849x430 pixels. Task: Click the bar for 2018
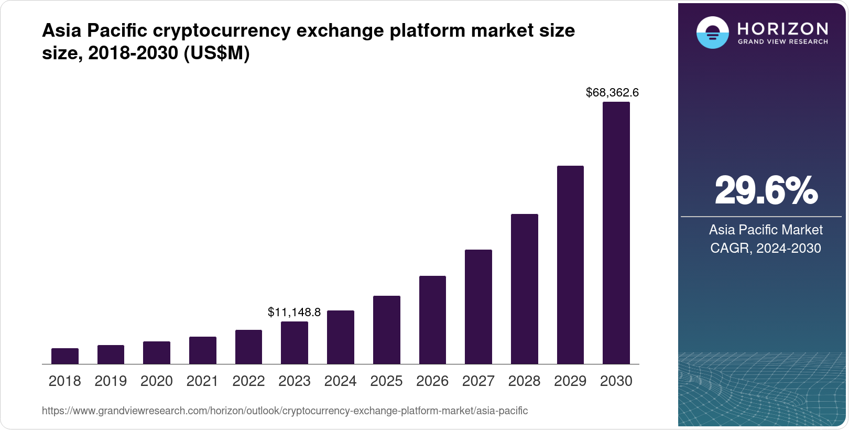[x=65, y=356]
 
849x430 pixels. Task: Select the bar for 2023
[x=295, y=343]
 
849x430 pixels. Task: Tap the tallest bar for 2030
[x=616, y=233]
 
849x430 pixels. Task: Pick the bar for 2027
[x=478, y=307]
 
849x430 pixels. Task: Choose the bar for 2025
[x=387, y=330]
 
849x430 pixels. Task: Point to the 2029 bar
[x=570, y=265]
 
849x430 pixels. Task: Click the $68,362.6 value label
[x=612, y=93]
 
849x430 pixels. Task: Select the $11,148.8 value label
[x=294, y=313]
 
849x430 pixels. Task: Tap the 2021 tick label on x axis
[x=202, y=381]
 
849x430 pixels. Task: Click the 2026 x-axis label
[x=432, y=381]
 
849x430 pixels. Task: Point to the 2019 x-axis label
[x=111, y=381]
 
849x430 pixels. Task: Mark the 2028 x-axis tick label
[x=524, y=381]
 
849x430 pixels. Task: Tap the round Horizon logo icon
[x=712, y=33]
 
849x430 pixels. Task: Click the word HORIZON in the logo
[x=782, y=28]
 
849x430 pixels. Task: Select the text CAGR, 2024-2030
[x=766, y=248]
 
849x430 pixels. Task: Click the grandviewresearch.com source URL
[x=285, y=411]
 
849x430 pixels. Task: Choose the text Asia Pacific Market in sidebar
[x=766, y=230]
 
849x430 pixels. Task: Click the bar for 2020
[x=157, y=353]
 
